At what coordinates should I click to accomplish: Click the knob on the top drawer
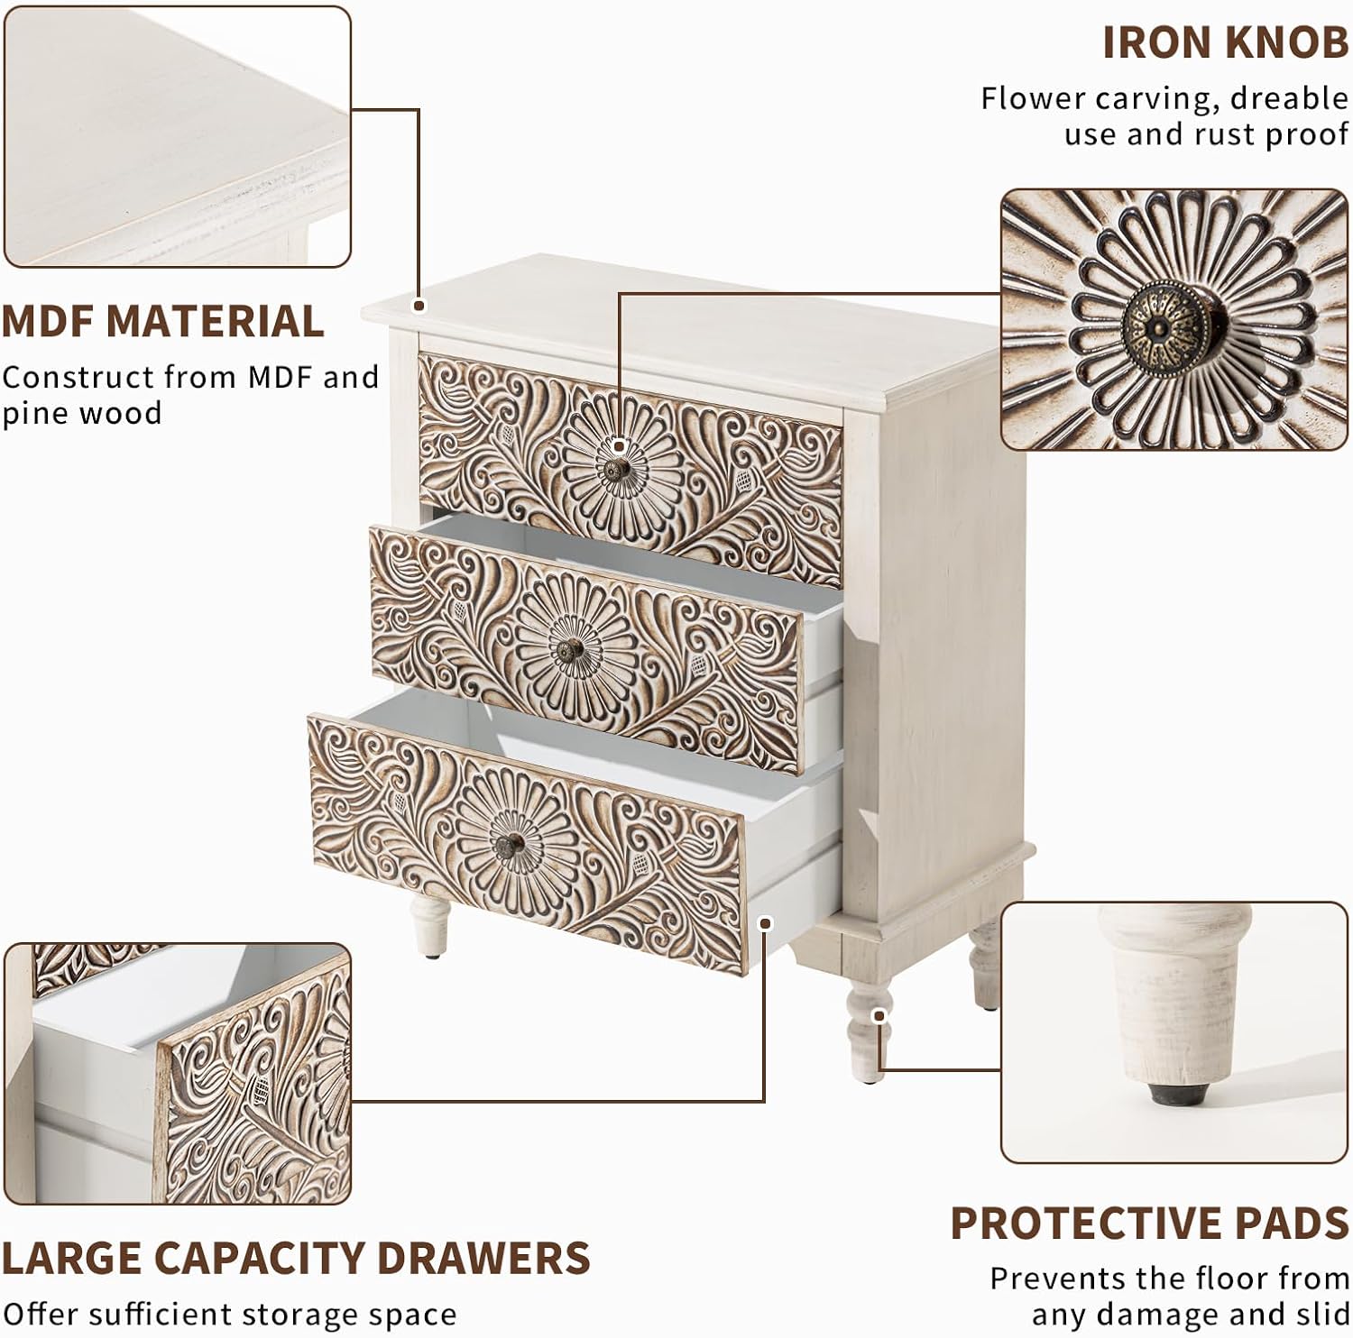click(x=617, y=469)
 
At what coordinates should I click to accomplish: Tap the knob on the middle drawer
click(x=569, y=648)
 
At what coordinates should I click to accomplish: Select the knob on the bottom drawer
click(x=509, y=845)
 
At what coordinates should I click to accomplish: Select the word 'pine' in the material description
click(x=37, y=414)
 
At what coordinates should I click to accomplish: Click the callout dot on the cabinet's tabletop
click(x=419, y=306)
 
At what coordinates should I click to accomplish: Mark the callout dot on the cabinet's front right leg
click(x=879, y=1015)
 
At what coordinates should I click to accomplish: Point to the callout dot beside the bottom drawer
click(x=766, y=923)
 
